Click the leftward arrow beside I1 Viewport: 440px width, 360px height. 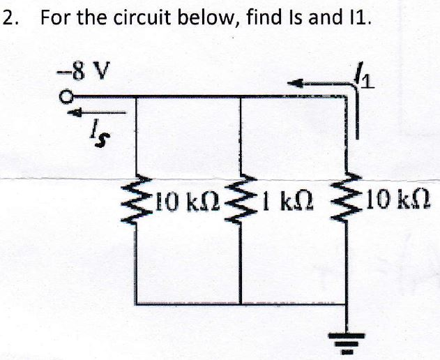pyautogui.click(x=314, y=83)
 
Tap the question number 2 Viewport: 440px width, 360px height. pyautogui.click(x=8, y=18)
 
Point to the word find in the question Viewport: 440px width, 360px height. pyautogui.click(x=264, y=18)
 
